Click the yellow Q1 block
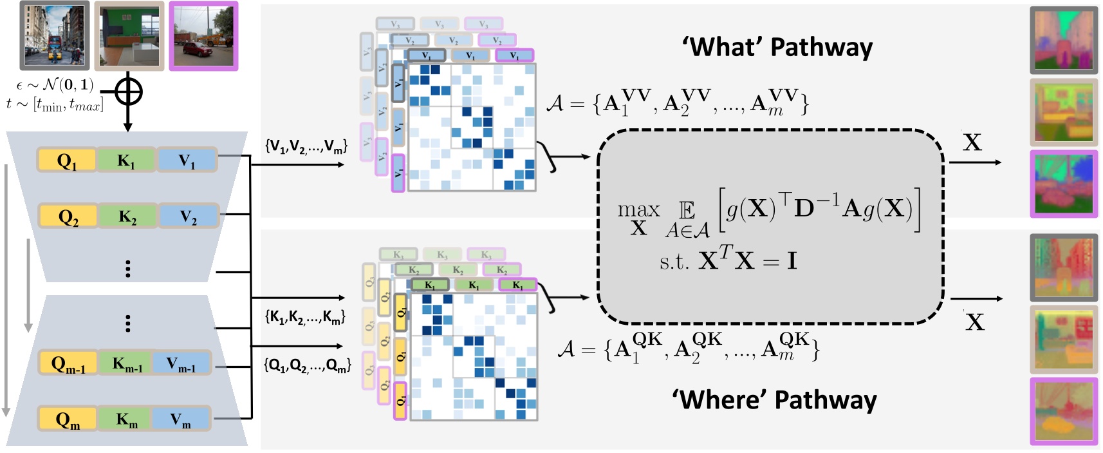(67, 160)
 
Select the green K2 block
(127, 217)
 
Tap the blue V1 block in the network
(187, 160)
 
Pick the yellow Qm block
(68, 419)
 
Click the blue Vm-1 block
(181, 363)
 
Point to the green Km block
(127, 419)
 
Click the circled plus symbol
(128, 92)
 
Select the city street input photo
(55, 35)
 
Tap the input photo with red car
(203, 35)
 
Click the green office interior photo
(129, 35)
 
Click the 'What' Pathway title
(777, 47)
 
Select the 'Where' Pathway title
(775, 400)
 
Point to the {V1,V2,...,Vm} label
(306, 147)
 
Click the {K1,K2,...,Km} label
(305, 316)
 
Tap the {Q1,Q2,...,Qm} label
(307, 365)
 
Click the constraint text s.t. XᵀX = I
(728, 261)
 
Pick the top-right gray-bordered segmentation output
(1063, 40)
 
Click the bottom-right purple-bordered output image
(1063, 410)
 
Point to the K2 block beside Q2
(127, 217)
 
